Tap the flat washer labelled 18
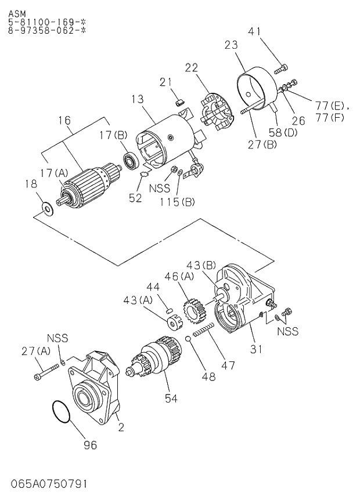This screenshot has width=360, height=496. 46,206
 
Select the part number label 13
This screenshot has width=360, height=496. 137,99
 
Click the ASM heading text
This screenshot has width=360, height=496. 17,8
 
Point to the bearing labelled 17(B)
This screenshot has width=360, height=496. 129,161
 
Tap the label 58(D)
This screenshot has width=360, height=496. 283,132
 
